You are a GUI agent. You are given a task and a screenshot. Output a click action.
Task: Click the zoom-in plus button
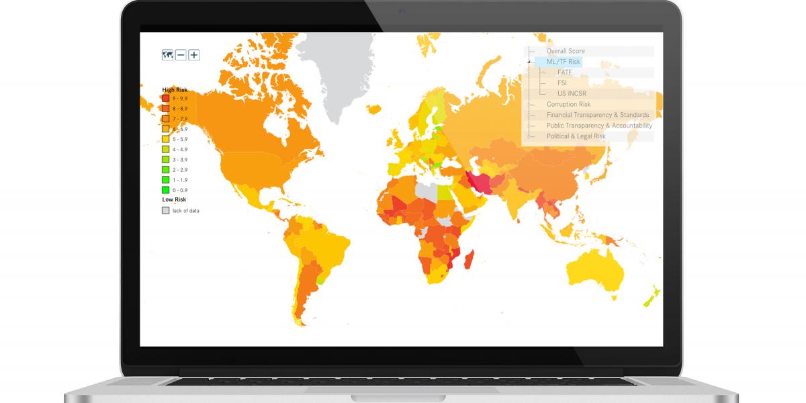pyautogui.click(x=193, y=55)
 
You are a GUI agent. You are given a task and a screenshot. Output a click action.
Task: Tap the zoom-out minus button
pyautogui.click(x=181, y=55)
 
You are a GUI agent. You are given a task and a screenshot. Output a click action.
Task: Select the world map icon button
pyautogui.click(x=167, y=55)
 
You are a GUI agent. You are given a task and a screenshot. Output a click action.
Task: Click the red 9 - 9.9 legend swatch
pyautogui.click(x=165, y=98)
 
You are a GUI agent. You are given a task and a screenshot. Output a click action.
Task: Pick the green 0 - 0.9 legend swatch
pyautogui.click(x=165, y=190)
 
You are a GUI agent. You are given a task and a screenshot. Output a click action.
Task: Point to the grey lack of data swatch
pyautogui.click(x=165, y=210)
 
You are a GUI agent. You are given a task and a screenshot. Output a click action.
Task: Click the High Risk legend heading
pyautogui.click(x=175, y=89)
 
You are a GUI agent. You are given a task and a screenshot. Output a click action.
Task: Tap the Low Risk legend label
pyautogui.click(x=174, y=199)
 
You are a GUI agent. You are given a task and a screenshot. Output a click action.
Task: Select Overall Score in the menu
pyautogui.click(x=566, y=51)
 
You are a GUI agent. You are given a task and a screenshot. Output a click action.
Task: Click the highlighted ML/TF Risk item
pyautogui.click(x=563, y=62)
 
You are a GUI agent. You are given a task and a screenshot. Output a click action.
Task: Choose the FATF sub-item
pyautogui.click(x=564, y=73)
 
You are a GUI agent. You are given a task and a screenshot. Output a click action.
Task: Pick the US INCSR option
pyautogui.click(x=572, y=93)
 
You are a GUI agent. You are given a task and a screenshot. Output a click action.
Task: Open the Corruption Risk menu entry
pyautogui.click(x=568, y=104)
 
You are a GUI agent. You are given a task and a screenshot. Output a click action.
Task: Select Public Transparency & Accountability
pyautogui.click(x=599, y=126)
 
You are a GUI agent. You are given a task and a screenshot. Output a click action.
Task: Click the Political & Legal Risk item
pyautogui.click(x=576, y=136)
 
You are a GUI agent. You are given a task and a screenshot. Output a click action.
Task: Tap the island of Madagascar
pyautogui.click(x=470, y=262)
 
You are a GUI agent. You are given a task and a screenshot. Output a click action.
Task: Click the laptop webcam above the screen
pyautogui.click(x=402, y=11)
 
